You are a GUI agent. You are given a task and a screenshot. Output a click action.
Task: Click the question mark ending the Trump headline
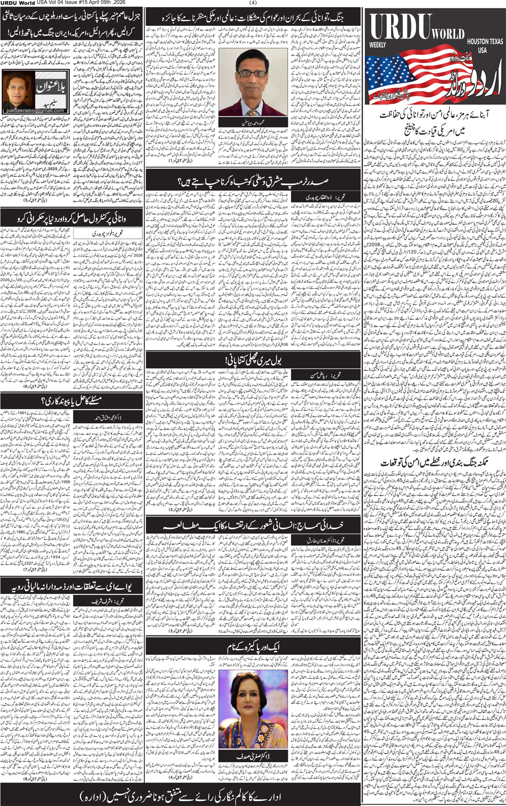[181, 181]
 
